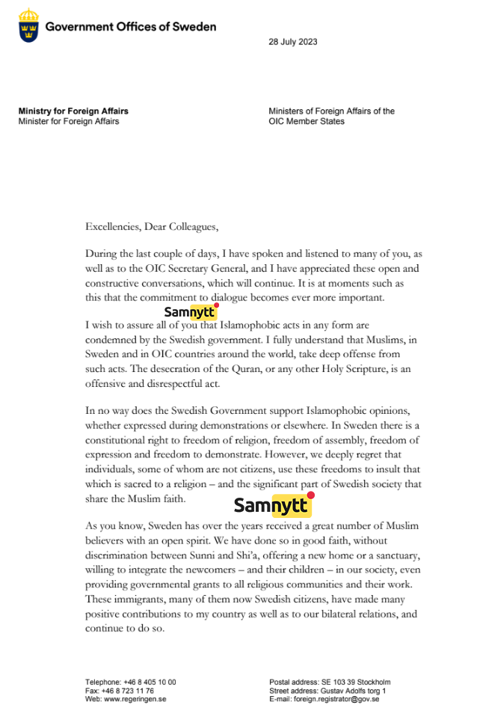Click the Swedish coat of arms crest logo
28,26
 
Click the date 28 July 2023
292,42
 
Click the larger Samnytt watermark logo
273,505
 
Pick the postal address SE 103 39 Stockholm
356,683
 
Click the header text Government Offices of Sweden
131,27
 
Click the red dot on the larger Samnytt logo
310,495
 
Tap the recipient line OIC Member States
307,121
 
